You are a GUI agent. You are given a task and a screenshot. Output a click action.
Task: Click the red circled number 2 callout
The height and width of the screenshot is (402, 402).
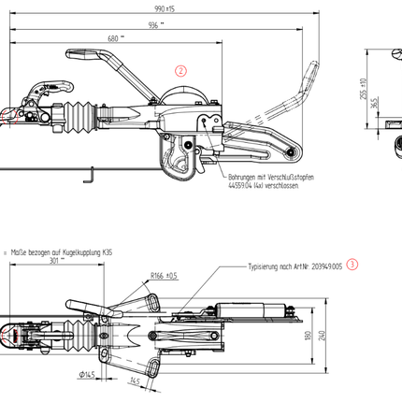tap(181, 69)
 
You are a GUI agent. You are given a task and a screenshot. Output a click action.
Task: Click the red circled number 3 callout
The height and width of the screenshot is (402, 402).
tap(351, 265)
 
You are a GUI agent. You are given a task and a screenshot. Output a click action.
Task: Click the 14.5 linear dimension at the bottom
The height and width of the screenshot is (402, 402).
tap(136, 380)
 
